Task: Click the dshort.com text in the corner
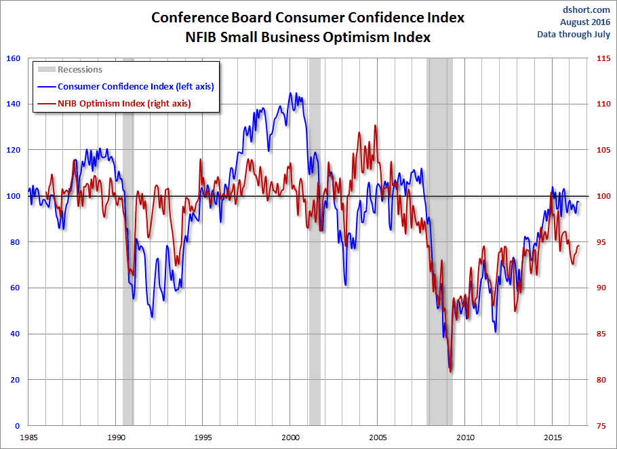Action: (x=586, y=10)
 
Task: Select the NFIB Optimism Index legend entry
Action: (x=115, y=103)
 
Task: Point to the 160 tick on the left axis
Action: (x=12, y=58)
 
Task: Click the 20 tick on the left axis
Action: (x=14, y=380)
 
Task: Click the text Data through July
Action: (x=574, y=35)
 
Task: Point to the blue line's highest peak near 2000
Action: (x=291, y=93)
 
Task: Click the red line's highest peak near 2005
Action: (x=376, y=125)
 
